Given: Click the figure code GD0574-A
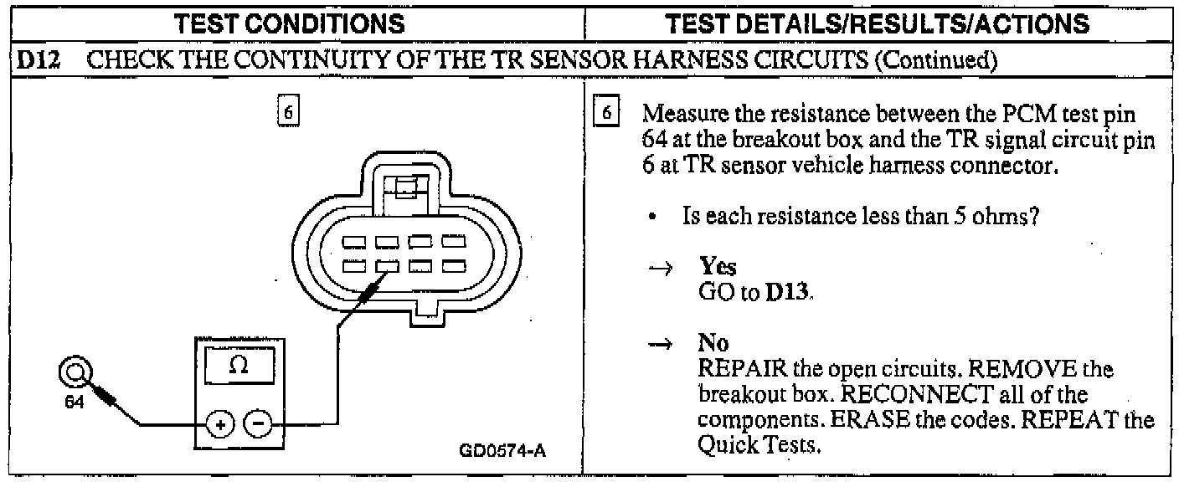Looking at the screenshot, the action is click(502, 453).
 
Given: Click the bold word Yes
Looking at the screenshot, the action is click(718, 267).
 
